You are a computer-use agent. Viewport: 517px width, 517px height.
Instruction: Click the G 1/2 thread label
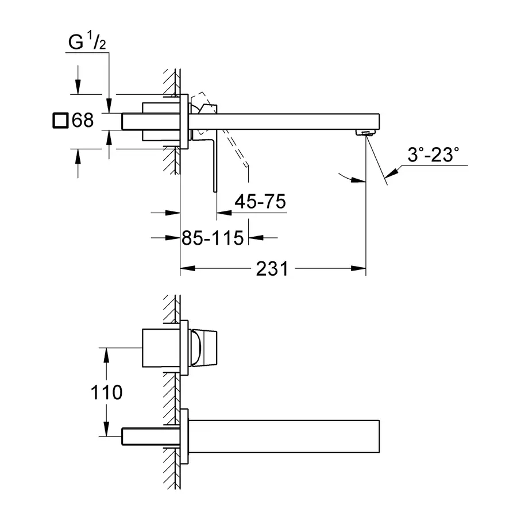pos(87,41)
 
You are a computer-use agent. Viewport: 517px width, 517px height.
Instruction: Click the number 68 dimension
pos(83,120)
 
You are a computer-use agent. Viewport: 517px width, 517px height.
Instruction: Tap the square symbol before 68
pos(60,121)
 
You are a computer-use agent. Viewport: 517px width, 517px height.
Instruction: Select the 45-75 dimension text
pos(260,202)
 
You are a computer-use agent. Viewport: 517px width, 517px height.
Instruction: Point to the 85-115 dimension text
pos(213,238)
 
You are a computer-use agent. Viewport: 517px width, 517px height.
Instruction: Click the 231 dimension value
pos(272,269)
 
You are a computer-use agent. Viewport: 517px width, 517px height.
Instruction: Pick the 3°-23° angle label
pos(433,155)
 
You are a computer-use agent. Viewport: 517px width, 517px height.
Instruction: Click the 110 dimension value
pos(106,392)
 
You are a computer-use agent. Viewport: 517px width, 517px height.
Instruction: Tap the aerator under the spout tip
pos(365,133)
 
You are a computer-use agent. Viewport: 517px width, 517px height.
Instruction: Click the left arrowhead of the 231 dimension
pos(188,269)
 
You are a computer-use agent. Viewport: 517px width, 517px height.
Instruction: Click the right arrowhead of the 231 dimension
pos(358,269)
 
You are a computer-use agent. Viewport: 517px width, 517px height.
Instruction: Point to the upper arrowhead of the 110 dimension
pos(106,356)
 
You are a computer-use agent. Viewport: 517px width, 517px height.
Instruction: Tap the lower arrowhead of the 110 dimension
pos(106,429)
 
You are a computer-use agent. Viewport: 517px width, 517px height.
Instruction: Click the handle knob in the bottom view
pos(203,348)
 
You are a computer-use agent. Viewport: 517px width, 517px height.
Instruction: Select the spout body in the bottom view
pos(284,436)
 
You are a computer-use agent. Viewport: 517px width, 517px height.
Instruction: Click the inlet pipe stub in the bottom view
pos(151,437)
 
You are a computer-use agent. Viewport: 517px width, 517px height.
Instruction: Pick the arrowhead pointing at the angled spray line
pos(392,173)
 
